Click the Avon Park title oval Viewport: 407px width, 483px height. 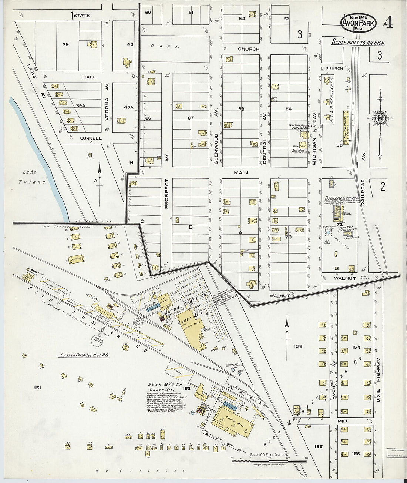click(x=358, y=23)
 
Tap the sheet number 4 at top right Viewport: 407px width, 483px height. click(x=388, y=23)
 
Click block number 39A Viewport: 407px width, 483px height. click(x=81, y=105)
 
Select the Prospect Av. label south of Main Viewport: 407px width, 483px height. click(x=166, y=194)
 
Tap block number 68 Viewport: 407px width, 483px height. click(x=242, y=109)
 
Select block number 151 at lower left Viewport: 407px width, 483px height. click(x=37, y=388)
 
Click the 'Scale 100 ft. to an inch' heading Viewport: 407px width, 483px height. click(x=358, y=43)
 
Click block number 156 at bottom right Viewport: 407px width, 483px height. click(x=356, y=453)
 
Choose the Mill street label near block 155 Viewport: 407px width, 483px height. click(x=343, y=421)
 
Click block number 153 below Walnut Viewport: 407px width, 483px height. click(x=298, y=346)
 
